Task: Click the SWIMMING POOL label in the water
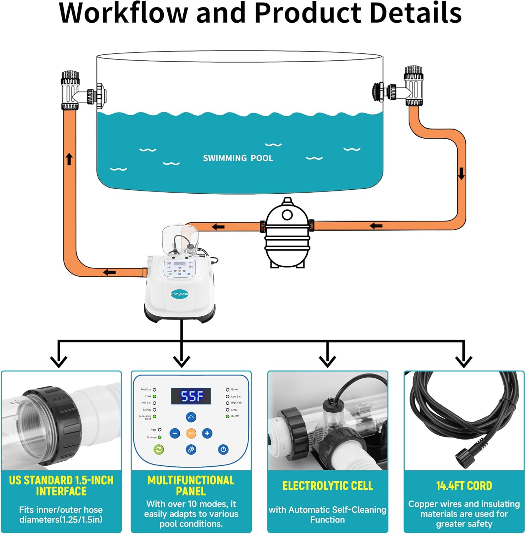(x=238, y=158)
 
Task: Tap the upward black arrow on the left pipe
(x=69, y=159)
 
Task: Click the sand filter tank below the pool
(x=287, y=233)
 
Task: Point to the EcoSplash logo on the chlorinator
(x=179, y=294)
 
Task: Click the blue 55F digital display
(x=191, y=396)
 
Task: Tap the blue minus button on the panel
(x=175, y=433)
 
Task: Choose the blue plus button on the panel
(x=207, y=433)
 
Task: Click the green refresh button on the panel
(x=158, y=449)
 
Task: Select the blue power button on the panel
(x=223, y=449)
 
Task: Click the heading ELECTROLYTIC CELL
(x=327, y=486)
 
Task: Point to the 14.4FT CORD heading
(x=464, y=486)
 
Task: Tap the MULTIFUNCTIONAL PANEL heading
(x=191, y=486)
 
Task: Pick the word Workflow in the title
(x=123, y=14)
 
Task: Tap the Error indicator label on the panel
(x=234, y=410)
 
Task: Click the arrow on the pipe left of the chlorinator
(x=109, y=272)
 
